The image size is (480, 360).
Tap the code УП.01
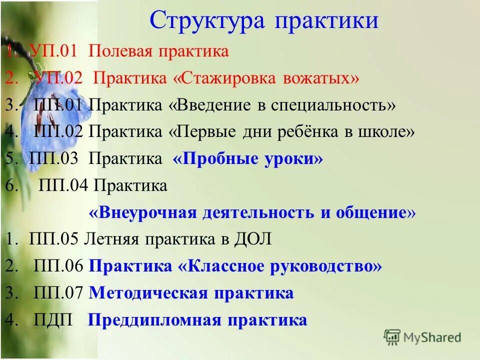tap(56, 51)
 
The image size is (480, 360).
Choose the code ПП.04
tap(63, 186)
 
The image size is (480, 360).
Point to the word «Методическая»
tap(147, 293)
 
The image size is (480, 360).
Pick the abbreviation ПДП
tap(53, 320)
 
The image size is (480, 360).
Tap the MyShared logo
tap(423, 337)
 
